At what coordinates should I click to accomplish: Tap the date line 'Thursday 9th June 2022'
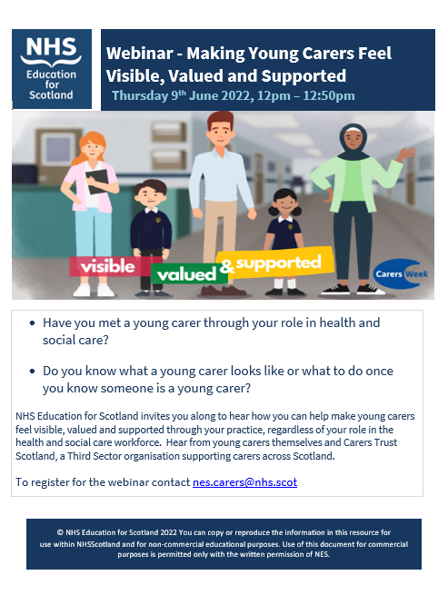click(192, 95)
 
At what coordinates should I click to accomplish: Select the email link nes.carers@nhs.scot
click(244, 482)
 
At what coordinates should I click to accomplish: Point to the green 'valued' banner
click(185, 273)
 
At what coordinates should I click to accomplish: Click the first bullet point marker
click(33, 322)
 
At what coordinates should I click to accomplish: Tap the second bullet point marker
click(33, 372)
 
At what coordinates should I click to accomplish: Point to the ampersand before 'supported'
click(226, 264)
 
